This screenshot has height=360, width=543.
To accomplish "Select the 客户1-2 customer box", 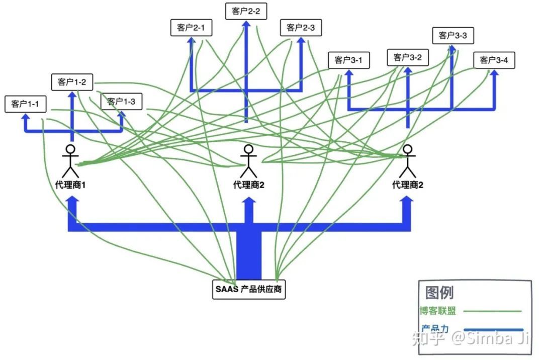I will [72, 82].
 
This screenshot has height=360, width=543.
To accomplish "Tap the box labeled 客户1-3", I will [121, 102].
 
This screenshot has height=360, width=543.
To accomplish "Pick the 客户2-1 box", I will [191, 28].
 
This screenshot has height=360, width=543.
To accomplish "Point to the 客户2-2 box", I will [246, 12].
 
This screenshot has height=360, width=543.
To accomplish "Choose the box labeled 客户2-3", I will [301, 28].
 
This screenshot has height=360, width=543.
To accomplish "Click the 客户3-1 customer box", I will [349, 60].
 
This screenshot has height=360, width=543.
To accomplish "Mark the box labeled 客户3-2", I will [408, 57].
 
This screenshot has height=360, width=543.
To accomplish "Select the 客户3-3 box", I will [453, 35].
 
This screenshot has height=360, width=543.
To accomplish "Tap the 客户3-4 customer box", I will [494, 60].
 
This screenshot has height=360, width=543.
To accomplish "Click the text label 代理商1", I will [71, 185].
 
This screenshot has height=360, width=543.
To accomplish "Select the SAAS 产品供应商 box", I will [249, 290].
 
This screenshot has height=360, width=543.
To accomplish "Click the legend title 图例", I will [439, 292].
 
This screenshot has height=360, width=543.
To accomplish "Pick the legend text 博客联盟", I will [438, 311].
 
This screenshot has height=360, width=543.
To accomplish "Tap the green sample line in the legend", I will [492, 311].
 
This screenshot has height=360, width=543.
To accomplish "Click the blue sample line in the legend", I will [493, 330].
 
